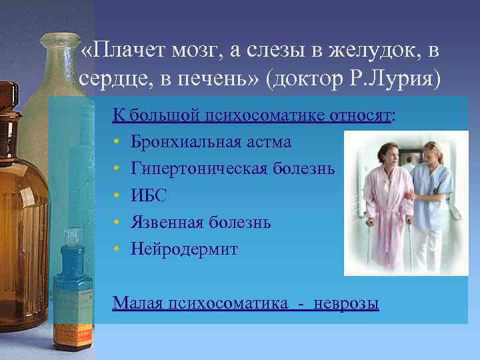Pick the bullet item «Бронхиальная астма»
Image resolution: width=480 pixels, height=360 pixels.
[211, 142]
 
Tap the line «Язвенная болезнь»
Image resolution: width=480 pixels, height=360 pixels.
[201, 222]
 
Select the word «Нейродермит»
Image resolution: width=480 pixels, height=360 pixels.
[184, 249]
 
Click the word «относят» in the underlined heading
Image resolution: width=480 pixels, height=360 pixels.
[360, 115]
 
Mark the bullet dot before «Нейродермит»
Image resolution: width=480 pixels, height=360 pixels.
[117, 249]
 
